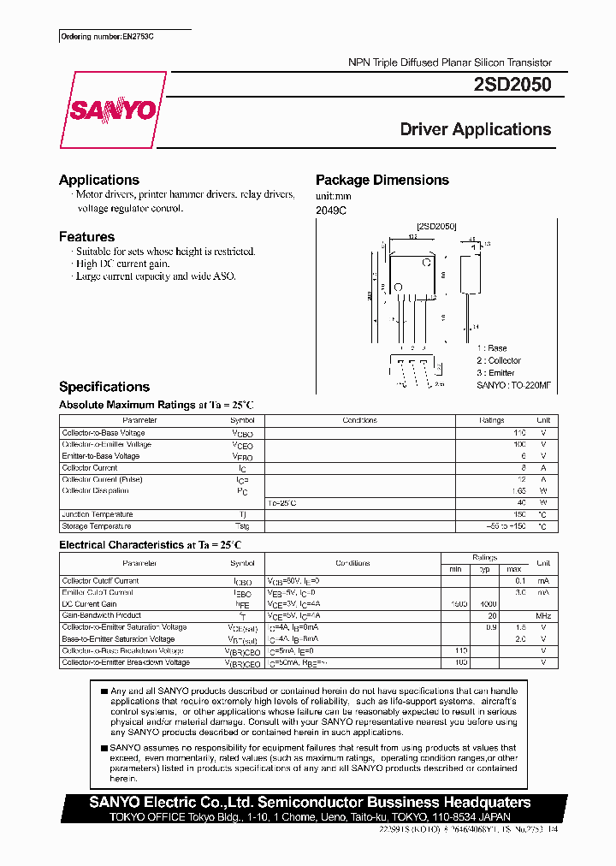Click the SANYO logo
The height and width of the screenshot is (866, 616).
(x=112, y=110)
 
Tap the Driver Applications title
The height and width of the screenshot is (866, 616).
(x=475, y=130)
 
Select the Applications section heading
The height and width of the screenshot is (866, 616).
(x=99, y=180)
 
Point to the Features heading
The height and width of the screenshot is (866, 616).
(x=86, y=237)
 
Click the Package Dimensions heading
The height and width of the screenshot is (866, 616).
(x=382, y=180)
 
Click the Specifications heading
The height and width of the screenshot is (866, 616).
(x=104, y=387)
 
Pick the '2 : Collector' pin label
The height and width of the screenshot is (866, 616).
(x=499, y=360)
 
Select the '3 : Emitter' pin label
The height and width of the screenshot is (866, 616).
(x=495, y=372)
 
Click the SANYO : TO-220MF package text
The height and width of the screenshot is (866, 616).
(x=513, y=385)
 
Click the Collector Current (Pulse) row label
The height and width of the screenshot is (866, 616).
(x=102, y=479)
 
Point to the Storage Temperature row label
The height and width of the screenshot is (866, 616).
(x=97, y=526)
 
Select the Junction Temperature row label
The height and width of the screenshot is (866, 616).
(x=98, y=514)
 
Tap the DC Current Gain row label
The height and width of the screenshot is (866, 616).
(x=91, y=603)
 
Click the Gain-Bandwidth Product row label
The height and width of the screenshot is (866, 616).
(x=101, y=615)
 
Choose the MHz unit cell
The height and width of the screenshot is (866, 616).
(x=542, y=615)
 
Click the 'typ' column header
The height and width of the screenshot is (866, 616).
(x=483, y=569)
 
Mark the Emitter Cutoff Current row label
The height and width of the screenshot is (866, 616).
(x=98, y=592)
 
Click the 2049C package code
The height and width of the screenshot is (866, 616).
(x=331, y=210)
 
